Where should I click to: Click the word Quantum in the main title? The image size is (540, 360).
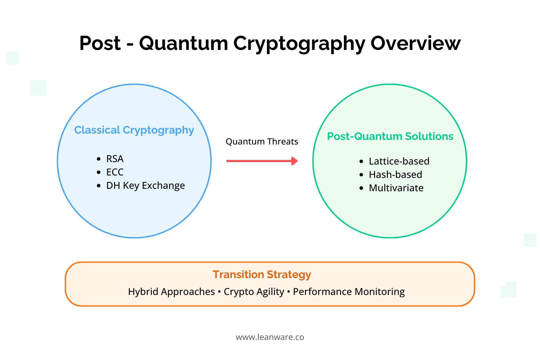point(184,44)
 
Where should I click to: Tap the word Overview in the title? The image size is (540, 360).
point(415,44)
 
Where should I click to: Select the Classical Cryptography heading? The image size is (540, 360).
point(134,130)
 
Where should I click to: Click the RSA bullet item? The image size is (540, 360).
point(115,159)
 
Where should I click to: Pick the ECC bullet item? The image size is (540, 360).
point(115,172)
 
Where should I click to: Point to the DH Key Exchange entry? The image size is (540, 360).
point(146,186)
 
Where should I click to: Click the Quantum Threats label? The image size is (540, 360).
point(262,142)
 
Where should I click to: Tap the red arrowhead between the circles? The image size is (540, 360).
point(295,161)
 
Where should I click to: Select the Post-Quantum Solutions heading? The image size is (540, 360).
point(390,136)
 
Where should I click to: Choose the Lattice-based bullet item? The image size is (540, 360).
point(399,161)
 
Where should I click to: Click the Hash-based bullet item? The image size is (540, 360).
point(395,175)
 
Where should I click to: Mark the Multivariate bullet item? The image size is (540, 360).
point(396,188)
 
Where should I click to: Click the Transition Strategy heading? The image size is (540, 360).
point(262,275)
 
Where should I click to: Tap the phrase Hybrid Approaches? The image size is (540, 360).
point(171,292)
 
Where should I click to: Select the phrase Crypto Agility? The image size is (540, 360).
point(254,292)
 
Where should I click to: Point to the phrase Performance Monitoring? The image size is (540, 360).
point(349,292)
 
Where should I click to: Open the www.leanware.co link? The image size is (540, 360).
point(270,337)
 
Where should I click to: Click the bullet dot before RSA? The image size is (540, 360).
point(98,159)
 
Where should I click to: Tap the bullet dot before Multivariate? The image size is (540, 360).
point(361,188)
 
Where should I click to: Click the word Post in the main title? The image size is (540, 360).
point(100,44)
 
